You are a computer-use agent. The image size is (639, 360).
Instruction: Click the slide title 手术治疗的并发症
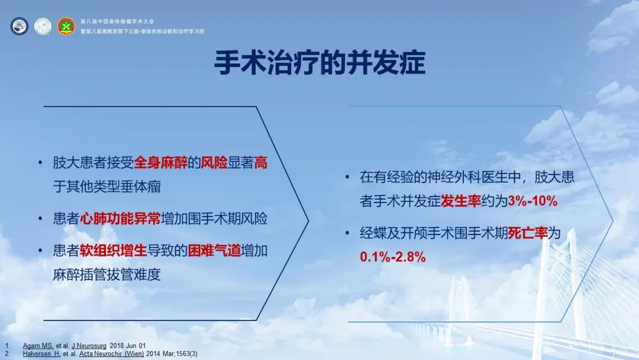320,62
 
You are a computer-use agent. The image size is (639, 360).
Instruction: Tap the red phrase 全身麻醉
160,163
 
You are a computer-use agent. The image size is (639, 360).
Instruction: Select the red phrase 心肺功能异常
120,218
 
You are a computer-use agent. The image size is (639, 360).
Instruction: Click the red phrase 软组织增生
113,250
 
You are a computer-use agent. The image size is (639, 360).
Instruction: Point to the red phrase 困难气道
214,250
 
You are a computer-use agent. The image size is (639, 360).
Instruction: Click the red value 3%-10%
532,201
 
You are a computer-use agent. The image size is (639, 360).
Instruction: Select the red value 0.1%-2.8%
393,257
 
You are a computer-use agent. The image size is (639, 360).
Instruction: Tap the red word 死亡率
528,233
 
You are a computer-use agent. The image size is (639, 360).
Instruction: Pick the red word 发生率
461,201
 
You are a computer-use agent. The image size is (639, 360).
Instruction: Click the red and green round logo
66,26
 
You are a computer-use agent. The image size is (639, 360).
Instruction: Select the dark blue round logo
19,26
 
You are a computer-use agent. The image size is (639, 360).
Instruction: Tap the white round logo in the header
43,26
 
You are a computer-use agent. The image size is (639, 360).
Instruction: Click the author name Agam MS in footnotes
38,346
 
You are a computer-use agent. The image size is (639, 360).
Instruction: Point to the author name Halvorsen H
41,353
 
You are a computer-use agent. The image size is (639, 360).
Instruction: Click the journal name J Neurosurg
89,346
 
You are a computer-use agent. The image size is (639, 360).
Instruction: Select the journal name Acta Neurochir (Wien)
111,353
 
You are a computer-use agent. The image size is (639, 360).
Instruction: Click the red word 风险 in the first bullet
214,163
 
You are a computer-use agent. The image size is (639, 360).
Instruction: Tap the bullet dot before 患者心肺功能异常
40,219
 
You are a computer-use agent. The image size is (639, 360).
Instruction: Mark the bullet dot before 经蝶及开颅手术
347,233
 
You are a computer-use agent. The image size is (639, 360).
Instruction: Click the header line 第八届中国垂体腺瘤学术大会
117,21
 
